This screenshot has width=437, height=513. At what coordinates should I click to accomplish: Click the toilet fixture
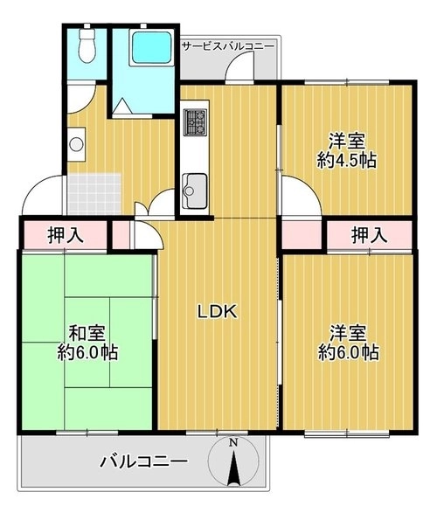pos(87,46)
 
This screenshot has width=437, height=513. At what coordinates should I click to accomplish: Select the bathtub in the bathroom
pos(152,49)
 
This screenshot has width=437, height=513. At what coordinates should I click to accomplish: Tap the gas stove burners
pos(196,122)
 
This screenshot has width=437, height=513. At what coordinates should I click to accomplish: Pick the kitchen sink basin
pos(195,191)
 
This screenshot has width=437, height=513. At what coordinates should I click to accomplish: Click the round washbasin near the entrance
pos(77,144)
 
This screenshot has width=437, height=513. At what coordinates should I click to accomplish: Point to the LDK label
pos(217,311)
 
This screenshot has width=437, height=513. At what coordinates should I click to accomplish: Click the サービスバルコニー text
pos(227,46)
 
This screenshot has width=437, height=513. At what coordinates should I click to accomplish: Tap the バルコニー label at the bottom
pos(144,461)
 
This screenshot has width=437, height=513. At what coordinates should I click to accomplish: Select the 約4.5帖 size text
pos(347,160)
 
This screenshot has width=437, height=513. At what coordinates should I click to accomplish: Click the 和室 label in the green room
pos(87,333)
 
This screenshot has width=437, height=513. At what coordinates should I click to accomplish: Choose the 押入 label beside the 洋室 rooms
pos(370,235)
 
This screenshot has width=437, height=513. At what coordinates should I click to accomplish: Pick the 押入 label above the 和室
pos(66,235)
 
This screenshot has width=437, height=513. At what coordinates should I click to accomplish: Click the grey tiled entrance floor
pos(94,194)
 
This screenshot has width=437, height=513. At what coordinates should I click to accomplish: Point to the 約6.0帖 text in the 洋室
pos(349,352)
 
